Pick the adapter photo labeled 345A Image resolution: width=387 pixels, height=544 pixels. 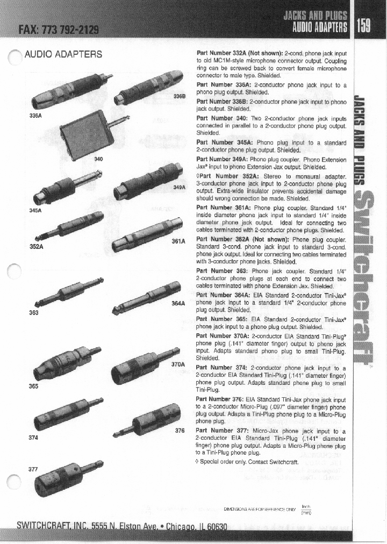(x=67, y=185)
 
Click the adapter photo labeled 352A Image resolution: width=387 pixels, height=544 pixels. (x=70, y=223)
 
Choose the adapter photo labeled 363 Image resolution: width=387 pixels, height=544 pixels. (x=69, y=293)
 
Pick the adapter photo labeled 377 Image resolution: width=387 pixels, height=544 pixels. (x=67, y=475)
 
